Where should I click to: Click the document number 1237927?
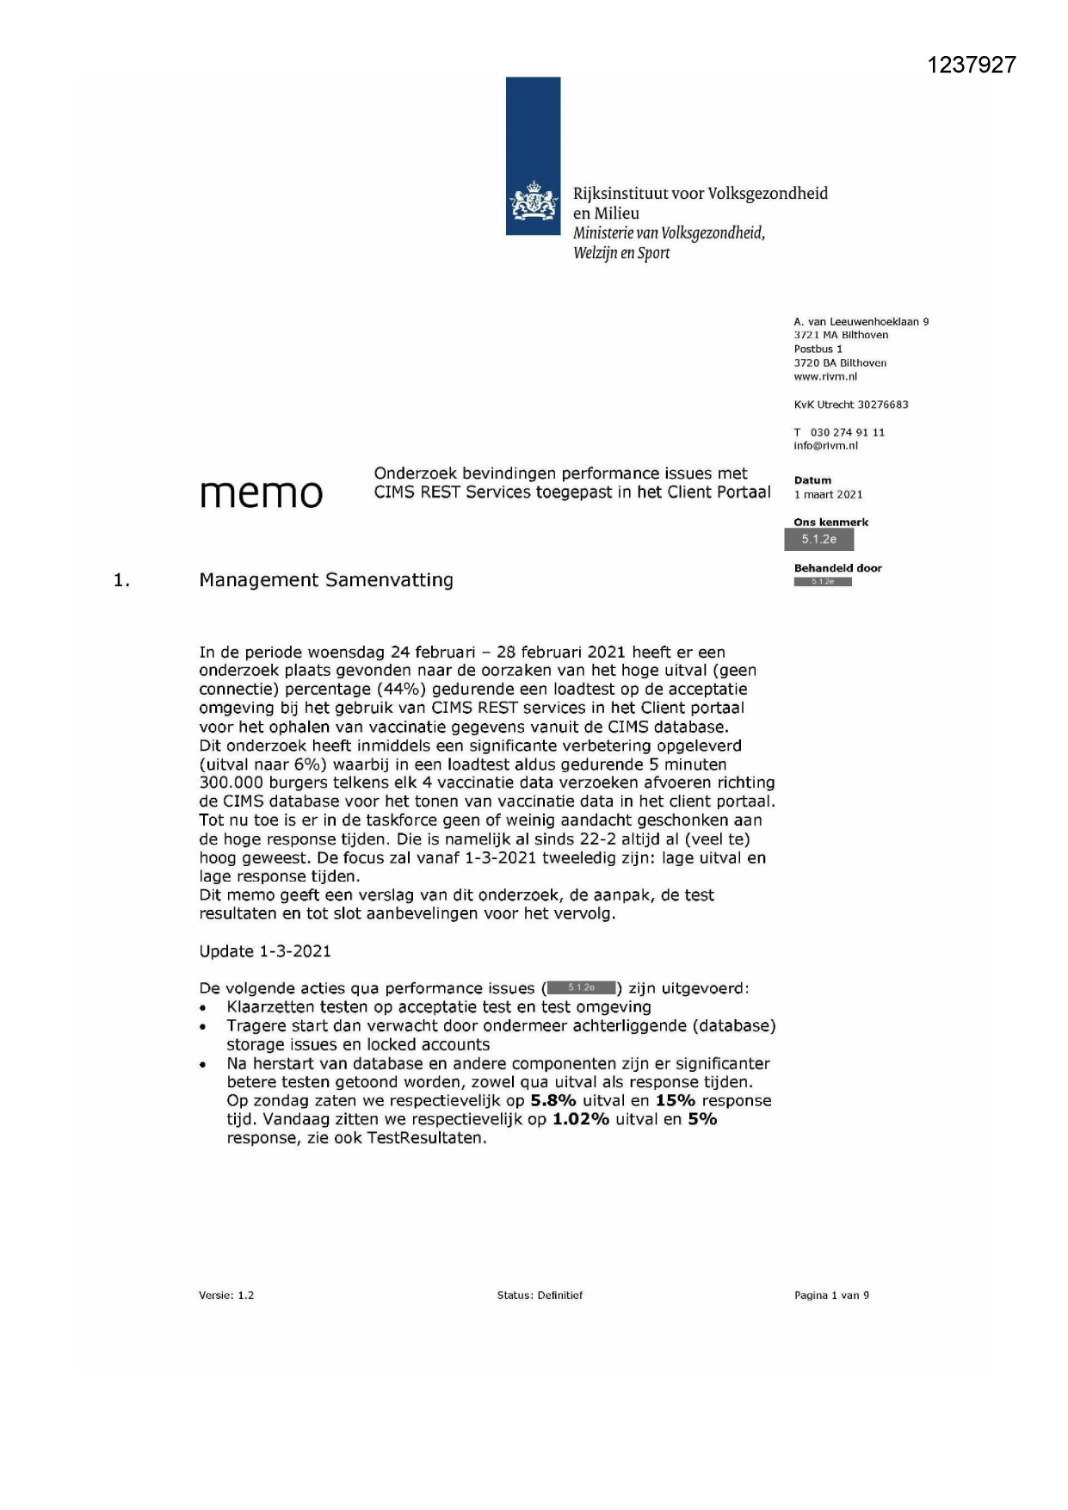(x=972, y=65)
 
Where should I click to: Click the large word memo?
(x=261, y=493)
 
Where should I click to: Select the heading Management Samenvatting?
(x=326, y=580)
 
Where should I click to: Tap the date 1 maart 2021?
(x=828, y=495)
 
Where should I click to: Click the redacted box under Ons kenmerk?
(x=818, y=540)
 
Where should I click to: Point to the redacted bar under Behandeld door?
(x=822, y=582)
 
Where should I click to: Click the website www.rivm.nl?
(x=825, y=377)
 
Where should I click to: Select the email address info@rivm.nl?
(x=825, y=446)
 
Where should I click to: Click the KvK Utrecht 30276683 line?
(x=850, y=405)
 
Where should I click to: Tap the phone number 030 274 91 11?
(x=847, y=432)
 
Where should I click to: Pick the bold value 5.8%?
(x=553, y=1101)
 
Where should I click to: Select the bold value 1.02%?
(x=581, y=1120)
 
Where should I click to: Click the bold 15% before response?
(x=676, y=1101)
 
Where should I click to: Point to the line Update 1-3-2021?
(x=265, y=951)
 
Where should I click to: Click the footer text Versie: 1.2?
(x=226, y=1296)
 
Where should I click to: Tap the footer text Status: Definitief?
(x=540, y=1296)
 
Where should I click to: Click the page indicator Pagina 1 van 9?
(x=831, y=1296)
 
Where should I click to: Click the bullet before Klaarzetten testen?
(x=203, y=1008)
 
